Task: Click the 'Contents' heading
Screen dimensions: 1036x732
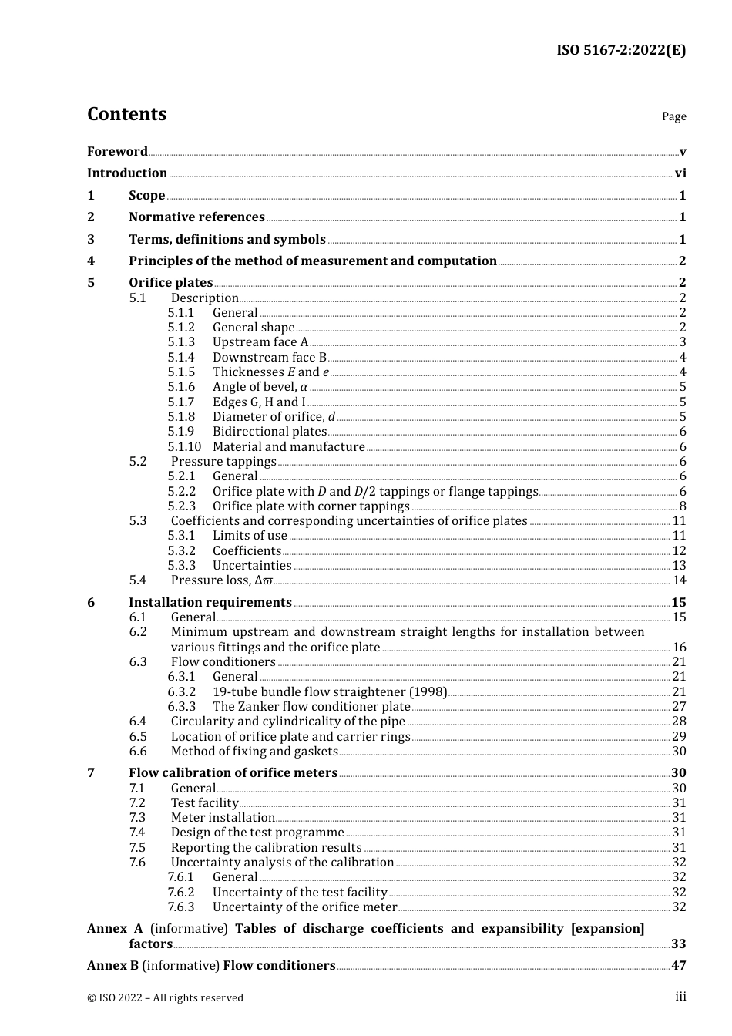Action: (126, 114)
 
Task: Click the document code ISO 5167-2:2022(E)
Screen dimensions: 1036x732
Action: (620, 50)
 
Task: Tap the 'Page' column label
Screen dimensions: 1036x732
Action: (673, 116)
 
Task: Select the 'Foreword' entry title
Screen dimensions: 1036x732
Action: (117, 151)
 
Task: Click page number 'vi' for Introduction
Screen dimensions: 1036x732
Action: (680, 173)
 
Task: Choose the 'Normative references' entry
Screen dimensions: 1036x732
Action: (196, 217)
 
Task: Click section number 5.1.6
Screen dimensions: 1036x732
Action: (181, 387)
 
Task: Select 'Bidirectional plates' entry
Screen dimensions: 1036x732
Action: (269, 432)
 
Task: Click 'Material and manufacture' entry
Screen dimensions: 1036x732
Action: (288, 447)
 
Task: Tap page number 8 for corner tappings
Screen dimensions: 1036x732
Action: (682, 506)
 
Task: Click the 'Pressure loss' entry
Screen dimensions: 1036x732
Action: (221, 580)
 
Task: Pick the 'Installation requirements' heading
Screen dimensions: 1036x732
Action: (210, 603)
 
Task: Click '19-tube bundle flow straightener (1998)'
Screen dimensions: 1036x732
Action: (329, 692)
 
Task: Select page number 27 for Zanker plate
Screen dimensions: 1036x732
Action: (679, 707)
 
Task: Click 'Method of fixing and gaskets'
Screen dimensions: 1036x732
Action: (254, 752)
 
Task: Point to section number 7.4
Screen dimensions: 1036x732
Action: (137, 832)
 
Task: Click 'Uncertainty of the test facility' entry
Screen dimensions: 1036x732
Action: (300, 893)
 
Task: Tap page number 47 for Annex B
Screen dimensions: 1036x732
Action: (678, 966)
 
